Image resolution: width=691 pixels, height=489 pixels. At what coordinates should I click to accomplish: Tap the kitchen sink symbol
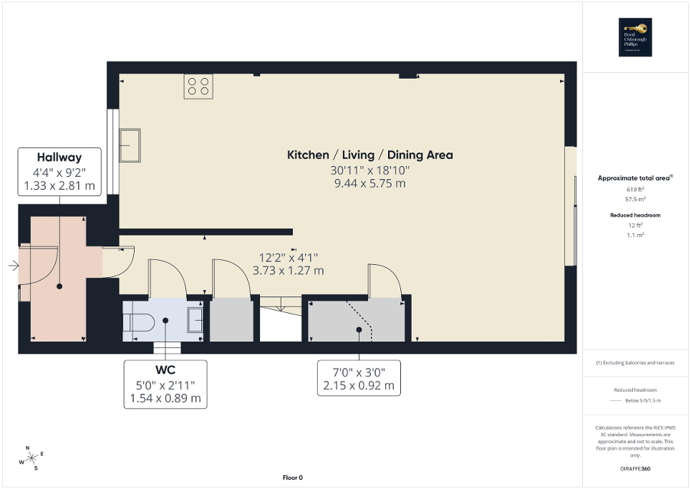point(130,145)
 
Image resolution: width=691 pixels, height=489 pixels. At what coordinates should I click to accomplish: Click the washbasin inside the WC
point(195,319)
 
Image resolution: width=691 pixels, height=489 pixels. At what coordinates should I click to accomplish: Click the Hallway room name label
point(59,158)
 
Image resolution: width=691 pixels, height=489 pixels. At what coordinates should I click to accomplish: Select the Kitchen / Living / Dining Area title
point(369,155)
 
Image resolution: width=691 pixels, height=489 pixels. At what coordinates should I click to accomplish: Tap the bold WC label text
point(165,370)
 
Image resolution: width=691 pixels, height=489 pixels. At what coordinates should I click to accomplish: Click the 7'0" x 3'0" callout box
point(358,377)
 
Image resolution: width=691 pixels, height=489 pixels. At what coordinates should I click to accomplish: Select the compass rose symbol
point(32,458)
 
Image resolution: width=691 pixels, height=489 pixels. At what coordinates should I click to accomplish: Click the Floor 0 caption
point(293,478)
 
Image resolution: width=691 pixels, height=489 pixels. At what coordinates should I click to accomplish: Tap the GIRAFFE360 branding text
point(635,469)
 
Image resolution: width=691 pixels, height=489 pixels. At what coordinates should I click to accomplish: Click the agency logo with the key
point(634,37)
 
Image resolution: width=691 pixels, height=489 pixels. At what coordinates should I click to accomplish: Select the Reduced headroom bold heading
point(635,215)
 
